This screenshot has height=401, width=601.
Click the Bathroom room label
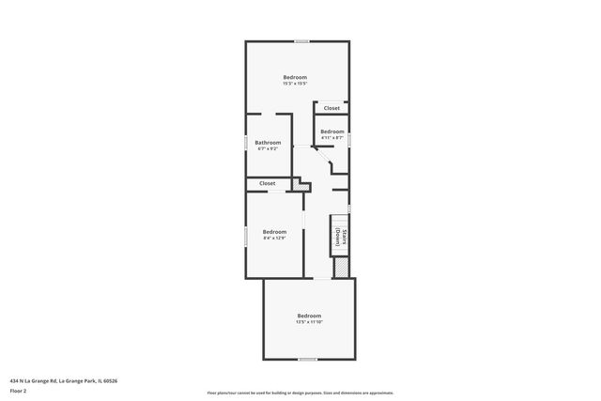pyautogui.click(x=268, y=143)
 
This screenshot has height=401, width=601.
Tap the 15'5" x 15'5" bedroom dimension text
pyautogui.click(x=295, y=84)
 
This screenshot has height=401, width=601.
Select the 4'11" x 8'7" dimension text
pyautogui.click(x=332, y=138)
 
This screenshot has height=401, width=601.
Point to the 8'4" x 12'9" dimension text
pyautogui.click(x=274, y=238)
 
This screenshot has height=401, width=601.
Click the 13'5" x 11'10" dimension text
pyautogui.click(x=309, y=322)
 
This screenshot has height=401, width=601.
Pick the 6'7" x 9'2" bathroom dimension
pyautogui.click(x=268, y=149)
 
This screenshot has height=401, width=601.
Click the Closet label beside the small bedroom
pyautogui.click(x=332, y=108)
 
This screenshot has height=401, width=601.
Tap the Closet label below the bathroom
pyautogui.click(x=268, y=183)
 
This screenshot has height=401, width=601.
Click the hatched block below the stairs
pyautogui.click(x=342, y=267)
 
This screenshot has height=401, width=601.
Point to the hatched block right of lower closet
pyautogui.click(x=301, y=185)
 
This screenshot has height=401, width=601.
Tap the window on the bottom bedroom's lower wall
pyautogui.click(x=307, y=359)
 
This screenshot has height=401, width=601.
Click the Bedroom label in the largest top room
pyautogui.click(x=295, y=77)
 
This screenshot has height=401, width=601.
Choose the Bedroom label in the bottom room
pyautogui.click(x=309, y=316)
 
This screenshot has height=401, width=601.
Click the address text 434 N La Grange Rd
pyautogui.click(x=65, y=380)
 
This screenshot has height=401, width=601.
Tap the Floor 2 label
pyautogui.click(x=18, y=390)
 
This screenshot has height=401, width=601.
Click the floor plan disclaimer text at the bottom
pyautogui.click(x=300, y=393)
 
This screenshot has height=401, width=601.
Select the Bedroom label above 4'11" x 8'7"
pyautogui.click(x=332, y=131)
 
